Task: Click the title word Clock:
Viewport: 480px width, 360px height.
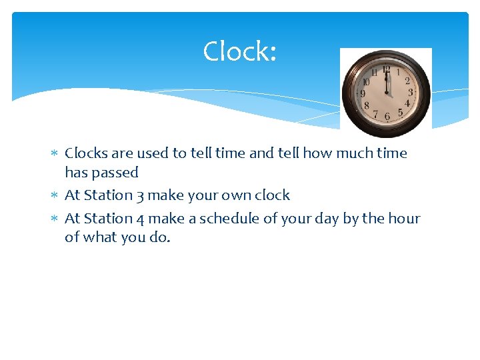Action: pos(239,51)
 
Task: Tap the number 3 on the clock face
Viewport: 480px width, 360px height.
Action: pos(410,93)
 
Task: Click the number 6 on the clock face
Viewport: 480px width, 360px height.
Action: pos(387,117)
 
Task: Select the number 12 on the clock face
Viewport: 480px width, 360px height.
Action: pos(387,68)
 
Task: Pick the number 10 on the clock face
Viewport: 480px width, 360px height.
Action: pos(366,82)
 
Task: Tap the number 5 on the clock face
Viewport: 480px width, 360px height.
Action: pos(400,113)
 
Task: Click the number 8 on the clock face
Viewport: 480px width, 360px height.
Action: pos(366,105)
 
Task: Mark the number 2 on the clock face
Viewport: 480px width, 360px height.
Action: pos(407,81)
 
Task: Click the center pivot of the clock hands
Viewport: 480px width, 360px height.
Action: pos(387,93)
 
